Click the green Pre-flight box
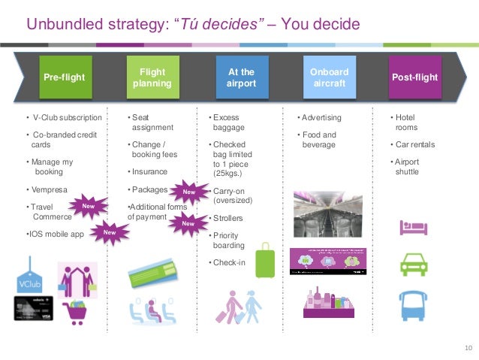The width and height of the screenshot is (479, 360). tap(64, 77)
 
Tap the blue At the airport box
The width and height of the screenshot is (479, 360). tap(241, 77)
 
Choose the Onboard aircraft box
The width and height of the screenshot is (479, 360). tap(329, 77)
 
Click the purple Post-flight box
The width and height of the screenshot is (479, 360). tap(414, 77)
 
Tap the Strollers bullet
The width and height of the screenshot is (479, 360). tap(228, 218)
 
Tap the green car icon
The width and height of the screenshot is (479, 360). tap(414, 264)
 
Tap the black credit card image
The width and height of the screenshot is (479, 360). tap(34, 308)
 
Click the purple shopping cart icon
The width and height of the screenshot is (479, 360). tap(78, 310)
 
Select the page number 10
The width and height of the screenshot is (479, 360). tap(468, 347)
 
